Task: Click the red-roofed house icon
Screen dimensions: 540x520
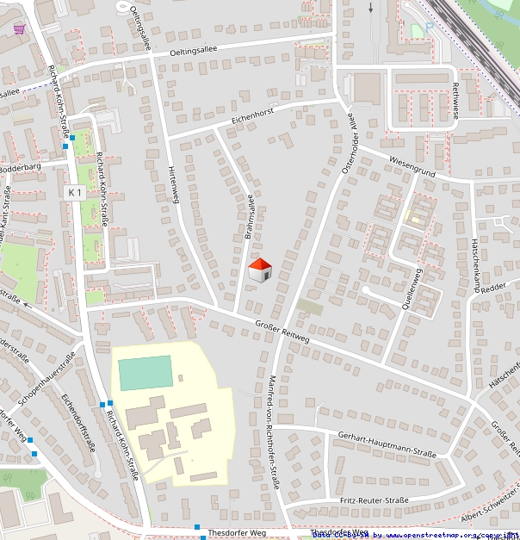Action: pos(260,270)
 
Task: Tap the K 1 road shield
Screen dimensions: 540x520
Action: pos(75,193)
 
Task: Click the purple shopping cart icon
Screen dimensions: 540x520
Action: pos(19,28)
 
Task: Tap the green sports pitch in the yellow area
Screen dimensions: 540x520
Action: pos(145,373)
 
